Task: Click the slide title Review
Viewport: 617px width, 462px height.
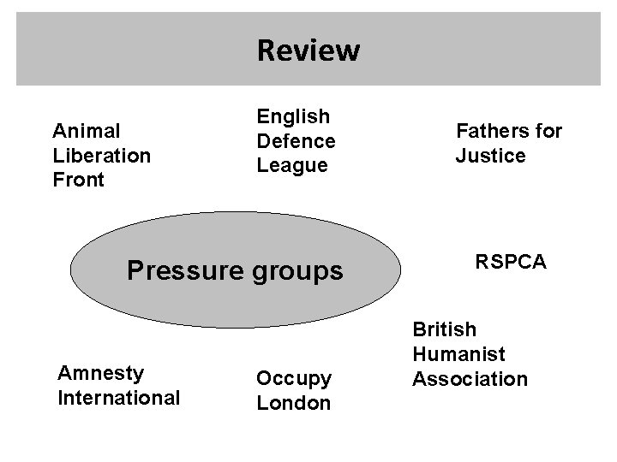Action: tap(308, 50)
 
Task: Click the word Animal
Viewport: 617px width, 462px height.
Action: tap(86, 131)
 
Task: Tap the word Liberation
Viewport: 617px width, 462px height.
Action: tap(101, 156)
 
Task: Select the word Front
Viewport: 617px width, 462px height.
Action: tap(78, 180)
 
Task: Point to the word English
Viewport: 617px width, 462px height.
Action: tap(293, 115)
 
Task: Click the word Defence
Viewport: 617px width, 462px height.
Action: tap(296, 140)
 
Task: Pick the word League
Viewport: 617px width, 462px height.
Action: tap(292, 165)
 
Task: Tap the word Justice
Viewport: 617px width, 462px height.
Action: tap(490, 156)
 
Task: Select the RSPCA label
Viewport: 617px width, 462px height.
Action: tap(511, 262)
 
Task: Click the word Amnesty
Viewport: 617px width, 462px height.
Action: tap(99, 373)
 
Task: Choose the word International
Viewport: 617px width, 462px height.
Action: tap(118, 398)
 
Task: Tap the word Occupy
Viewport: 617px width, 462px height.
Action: tap(294, 377)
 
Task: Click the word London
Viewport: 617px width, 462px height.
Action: tap(293, 403)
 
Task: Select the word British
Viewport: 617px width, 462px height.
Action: tap(445, 329)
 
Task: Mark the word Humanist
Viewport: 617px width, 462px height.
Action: tap(458, 353)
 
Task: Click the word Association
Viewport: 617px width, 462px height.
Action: tap(470, 378)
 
